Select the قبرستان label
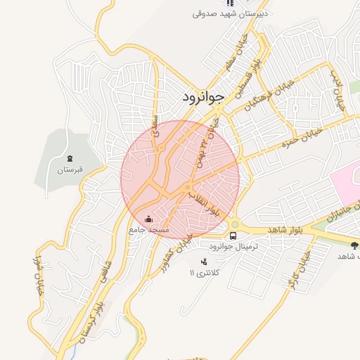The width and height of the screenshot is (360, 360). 70,169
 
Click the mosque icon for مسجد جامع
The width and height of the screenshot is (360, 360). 148,219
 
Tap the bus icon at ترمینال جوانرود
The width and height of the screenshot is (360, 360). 233,236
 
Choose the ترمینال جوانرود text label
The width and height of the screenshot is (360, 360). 235,247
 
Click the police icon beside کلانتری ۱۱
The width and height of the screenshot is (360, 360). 204,262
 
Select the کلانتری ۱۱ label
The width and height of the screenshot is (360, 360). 205,272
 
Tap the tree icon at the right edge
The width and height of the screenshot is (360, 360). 353,245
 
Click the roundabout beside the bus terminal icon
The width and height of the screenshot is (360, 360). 235,225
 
